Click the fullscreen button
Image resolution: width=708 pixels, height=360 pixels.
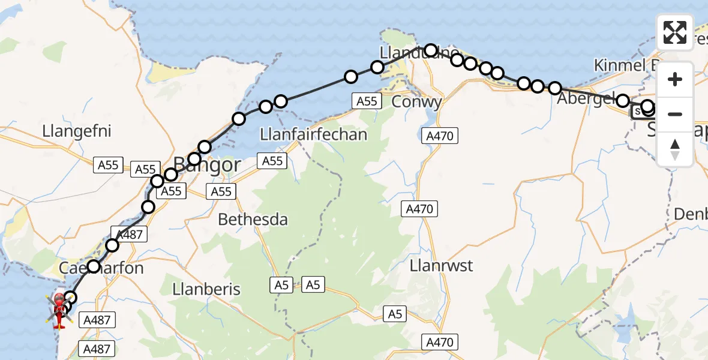pos(675,32)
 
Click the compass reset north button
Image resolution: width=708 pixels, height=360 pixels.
pos(675,149)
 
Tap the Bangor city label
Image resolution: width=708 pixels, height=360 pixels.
pos(207,164)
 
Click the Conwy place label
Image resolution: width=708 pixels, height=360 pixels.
pos(416,101)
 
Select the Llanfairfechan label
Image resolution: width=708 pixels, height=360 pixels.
pos(314,134)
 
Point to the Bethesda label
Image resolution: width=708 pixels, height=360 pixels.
pos(253,220)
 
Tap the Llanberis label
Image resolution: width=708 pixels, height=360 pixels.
pos(206,289)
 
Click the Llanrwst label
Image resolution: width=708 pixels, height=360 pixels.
pos(442,265)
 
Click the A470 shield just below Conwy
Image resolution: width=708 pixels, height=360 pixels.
pos(440,136)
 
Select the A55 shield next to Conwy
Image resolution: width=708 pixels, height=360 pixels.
pos(367,101)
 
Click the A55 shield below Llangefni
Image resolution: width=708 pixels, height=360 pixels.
pos(108,165)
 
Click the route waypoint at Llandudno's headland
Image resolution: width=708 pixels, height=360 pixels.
pos(430,50)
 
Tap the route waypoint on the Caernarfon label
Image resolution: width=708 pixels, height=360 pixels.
pos(94,266)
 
